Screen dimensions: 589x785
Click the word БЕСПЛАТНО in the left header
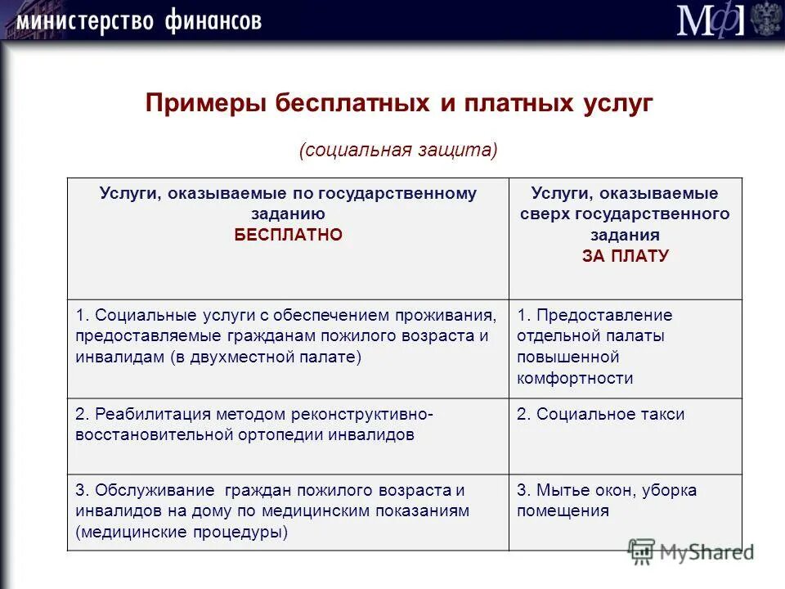[288, 235]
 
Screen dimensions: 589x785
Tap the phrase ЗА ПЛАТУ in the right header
[626, 256]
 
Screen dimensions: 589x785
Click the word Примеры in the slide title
[204, 105]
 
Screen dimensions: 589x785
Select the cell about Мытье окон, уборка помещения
[606, 501]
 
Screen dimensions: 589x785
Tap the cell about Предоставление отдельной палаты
[594, 346]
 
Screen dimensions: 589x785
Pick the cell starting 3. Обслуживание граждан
[271, 510]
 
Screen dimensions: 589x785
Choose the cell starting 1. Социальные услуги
[286, 336]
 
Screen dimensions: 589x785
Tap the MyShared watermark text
[707, 553]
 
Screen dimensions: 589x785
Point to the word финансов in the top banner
[211, 20]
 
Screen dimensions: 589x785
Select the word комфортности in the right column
[575, 379]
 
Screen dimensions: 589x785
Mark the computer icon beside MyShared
[642, 550]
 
